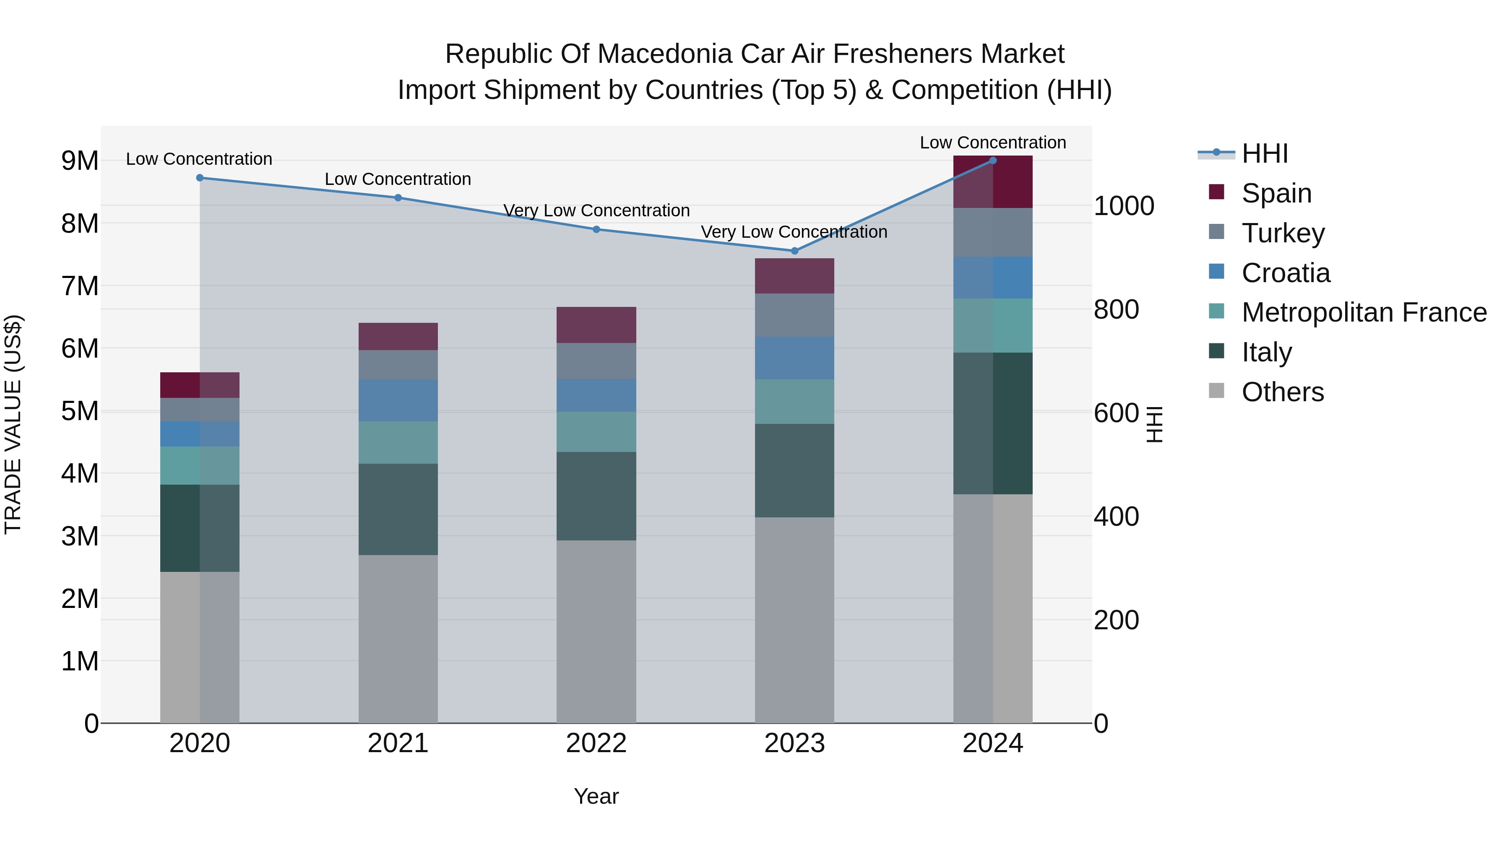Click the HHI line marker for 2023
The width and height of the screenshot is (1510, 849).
click(x=794, y=251)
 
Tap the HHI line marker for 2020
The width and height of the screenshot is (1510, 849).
click(x=200, y=177)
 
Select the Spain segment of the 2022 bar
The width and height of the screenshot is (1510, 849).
click(x=596, y=325)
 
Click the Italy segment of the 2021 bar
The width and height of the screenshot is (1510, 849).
click(x=398, y=509)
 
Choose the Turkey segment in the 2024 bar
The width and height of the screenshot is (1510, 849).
click(x=992, y=232)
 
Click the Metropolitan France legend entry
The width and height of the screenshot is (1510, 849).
click(x=1364, y=312)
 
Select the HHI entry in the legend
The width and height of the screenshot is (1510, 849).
click(x=1264, y=153)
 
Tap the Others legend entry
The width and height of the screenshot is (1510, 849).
click(x=1283, y=392)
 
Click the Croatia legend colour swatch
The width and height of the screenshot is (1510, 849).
click(x=1216, y=272)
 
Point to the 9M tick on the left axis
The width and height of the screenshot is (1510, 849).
click(x=80, y=161)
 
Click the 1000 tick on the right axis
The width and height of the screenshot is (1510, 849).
click(x=1124, y=206)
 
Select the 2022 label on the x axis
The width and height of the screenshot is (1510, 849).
click(x=596, y=743)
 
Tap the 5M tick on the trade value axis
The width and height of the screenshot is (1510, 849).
click(x=80, y=411)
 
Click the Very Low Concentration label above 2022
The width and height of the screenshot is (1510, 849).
click(x=596, y=210)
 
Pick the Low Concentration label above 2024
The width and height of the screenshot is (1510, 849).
click(x=992, y=143)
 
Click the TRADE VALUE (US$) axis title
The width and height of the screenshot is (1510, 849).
click(x=13, y=424)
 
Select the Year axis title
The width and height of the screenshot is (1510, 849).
click(x=596, y=796)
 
